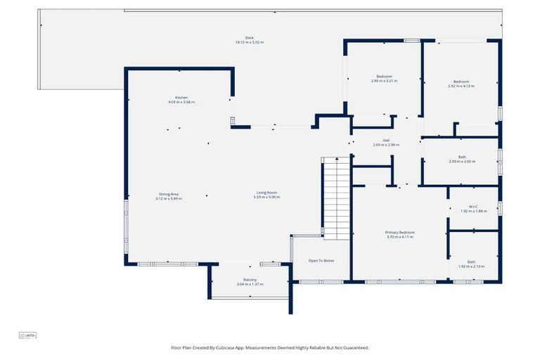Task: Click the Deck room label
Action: (249, 38)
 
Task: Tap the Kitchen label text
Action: (181, 98)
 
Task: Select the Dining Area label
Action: (169, 194)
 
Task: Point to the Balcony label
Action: (250, 280)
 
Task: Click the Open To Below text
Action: (321, 261)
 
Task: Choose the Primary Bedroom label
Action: (399, 232)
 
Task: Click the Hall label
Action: (386, 140)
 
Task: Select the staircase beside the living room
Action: (336, 197)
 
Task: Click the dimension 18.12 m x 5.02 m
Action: (249, 43)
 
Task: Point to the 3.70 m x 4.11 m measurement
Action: (399, 237)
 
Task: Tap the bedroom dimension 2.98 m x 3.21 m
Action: (384, 81)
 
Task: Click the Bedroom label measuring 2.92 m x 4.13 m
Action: (461, 82)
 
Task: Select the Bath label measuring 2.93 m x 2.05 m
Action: (462, 157)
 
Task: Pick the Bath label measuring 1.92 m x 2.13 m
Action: (472, 262)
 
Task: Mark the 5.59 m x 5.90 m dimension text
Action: (266, 198)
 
